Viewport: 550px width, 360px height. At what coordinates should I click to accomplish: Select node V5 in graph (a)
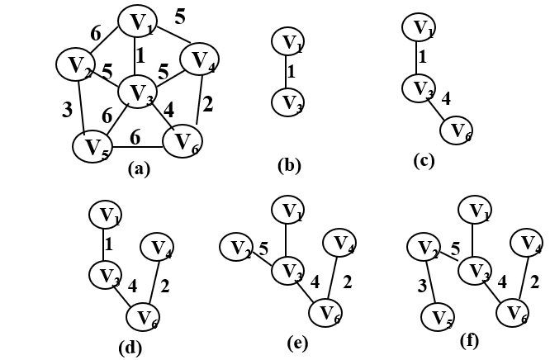(91, 148)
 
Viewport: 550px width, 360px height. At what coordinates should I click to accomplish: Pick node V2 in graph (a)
(74, 64)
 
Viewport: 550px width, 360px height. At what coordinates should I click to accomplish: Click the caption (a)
(138, 170)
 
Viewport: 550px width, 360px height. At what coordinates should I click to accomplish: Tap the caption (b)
(289, 164)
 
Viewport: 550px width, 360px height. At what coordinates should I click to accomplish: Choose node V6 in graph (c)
(458, 130)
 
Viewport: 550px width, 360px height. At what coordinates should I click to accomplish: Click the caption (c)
(425, 161)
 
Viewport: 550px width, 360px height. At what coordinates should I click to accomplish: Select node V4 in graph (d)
(158, 245)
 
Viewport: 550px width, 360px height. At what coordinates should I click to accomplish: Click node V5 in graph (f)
(439, 316)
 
